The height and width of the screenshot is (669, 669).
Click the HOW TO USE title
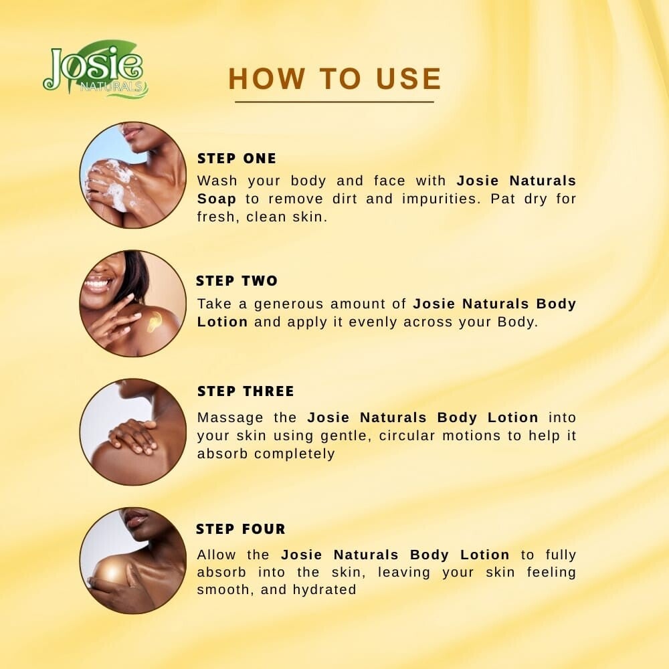(x=335, y=79)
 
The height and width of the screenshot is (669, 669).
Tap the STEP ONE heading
(x=236, y=159)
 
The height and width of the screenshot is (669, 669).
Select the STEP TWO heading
(x=237, y=281)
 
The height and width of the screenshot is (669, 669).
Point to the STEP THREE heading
(x=246, y=391)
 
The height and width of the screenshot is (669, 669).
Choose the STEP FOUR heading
(x=241, y=529)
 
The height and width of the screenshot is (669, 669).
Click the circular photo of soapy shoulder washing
(x=132, y=175)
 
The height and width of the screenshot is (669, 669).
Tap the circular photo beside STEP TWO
(x=132, y=303)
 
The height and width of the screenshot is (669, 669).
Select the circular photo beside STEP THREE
(x=132, y=432)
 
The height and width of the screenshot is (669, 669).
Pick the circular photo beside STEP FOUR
(x=132, y=561)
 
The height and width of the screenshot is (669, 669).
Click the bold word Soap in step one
(x=216, y=199)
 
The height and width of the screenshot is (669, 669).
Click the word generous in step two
(x=288, y=304)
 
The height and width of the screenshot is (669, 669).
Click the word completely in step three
(x=294, y=454)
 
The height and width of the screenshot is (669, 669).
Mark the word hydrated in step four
(x=324, y=589)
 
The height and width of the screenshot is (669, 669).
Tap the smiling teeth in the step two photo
(x=97, y=282)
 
